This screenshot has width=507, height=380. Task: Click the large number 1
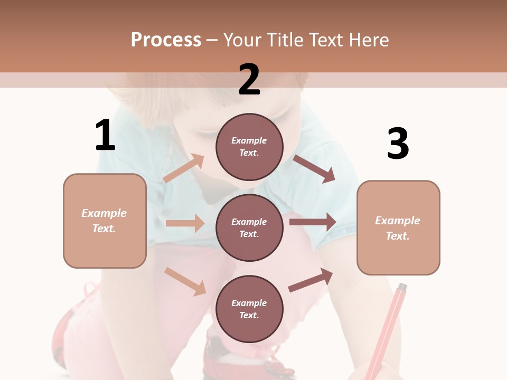tap(105, 136)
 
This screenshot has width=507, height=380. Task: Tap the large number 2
tap(249, 80)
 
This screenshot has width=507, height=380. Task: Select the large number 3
tap(398, 144)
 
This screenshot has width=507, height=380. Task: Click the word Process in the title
tap(166, 40)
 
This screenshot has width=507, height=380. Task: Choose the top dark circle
tap(249, 147)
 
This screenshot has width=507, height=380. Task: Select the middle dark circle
tap(249, 227)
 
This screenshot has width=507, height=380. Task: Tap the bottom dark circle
tap(249, 309)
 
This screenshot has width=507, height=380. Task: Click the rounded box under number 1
tap(105, 221)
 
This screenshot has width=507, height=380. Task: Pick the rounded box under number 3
tap(398, 227)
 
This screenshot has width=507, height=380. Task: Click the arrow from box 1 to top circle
tap(184, 168)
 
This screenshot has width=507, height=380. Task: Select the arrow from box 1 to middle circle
tap(185, 223)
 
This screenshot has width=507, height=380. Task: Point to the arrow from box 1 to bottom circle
tap(185, 281)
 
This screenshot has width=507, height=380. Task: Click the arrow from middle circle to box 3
tap(313, 222)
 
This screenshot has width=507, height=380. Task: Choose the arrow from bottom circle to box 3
tap(311, 280)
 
